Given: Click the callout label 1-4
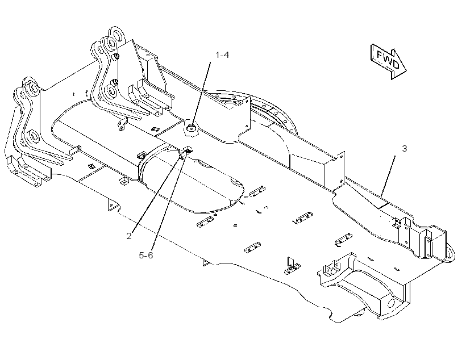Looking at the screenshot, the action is point(222,55).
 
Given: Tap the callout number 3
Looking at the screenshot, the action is point(404,149).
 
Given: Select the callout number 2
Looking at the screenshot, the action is point(128,236).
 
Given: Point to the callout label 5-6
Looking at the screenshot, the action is point(145,255).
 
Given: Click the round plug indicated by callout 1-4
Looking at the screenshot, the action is point(192,128).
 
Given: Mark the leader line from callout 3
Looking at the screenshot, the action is point(388,176).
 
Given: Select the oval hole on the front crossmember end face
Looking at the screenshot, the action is point(392,304).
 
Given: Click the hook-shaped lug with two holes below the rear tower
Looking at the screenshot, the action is point(122,125).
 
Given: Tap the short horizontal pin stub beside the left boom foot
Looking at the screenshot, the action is point(75,149).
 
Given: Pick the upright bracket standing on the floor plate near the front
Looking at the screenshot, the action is point(292,265).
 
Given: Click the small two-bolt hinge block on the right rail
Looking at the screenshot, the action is point(397,223).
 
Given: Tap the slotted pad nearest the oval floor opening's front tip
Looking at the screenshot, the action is point(257,191).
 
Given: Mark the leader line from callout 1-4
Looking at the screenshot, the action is point(201,95).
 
